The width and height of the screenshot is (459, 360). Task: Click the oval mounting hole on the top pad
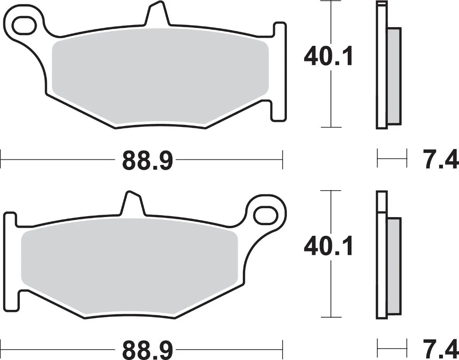pos(24,24)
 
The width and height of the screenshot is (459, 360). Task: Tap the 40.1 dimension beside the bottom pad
pos(328,247)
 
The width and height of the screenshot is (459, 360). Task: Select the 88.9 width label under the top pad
pos(148,161)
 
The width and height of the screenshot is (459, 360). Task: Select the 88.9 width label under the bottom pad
pos(148,349)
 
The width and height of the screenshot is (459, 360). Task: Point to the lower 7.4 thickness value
pos(440,349)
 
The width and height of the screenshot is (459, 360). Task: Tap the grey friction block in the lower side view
pos(394,266)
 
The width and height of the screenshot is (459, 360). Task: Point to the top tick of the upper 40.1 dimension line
pos(330,1)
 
